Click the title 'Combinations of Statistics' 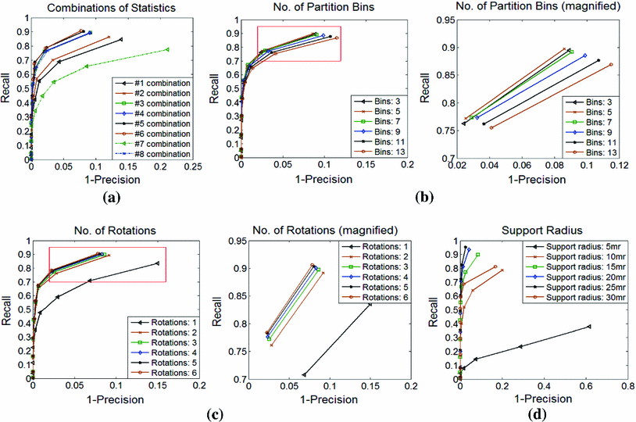[109, 8]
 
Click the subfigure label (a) [110, 198]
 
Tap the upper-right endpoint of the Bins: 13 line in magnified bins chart [611, 64]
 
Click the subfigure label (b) [427, 198]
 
